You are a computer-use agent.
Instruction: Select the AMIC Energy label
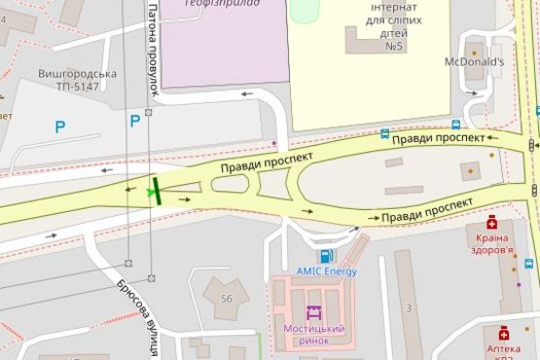pyautogui.click(x=327, y=271)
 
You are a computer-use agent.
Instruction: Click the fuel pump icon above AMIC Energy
pyautogui.click(x=326, y=256)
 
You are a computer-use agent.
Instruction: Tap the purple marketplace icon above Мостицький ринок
pyautogui.click(x=313, y=313)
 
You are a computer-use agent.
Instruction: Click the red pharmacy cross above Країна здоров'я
pyautogui.click(x=491, y=222)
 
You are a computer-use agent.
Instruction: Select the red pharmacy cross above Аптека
pyautogui.click(x=503, y=332)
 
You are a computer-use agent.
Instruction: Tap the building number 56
pyautogui.click(x=228, y=299)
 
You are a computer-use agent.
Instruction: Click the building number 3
pyautogui.click(x=410, y=308)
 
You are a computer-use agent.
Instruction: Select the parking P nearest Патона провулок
pyautogui.click(x=134, y=121)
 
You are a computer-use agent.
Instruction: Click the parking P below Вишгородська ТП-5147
pyautogui.click(x=60, y=126)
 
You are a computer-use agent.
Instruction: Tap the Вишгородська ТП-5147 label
pyautogui.click(x=78, y=80)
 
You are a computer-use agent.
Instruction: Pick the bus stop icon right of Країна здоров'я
pyautogui.click(x=529, y=263)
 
